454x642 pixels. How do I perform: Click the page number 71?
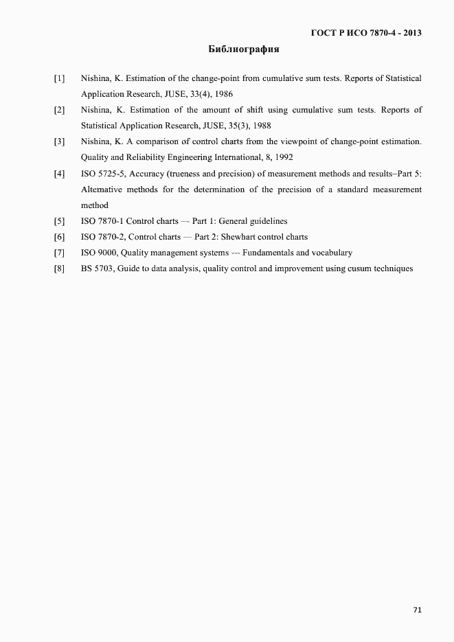pos(417,610)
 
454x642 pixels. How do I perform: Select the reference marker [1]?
pos(60,79)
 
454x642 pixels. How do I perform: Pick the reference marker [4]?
pos(60,174)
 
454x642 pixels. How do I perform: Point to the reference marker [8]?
pos(60,268)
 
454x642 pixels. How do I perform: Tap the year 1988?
pos(262,126)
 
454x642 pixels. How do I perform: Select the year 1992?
pos(284,158)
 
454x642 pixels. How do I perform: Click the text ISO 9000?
pos(97,253)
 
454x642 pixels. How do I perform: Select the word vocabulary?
pos(329,253)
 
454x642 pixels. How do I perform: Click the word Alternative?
pos(102,190)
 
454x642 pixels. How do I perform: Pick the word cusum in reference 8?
pos(352,268)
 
